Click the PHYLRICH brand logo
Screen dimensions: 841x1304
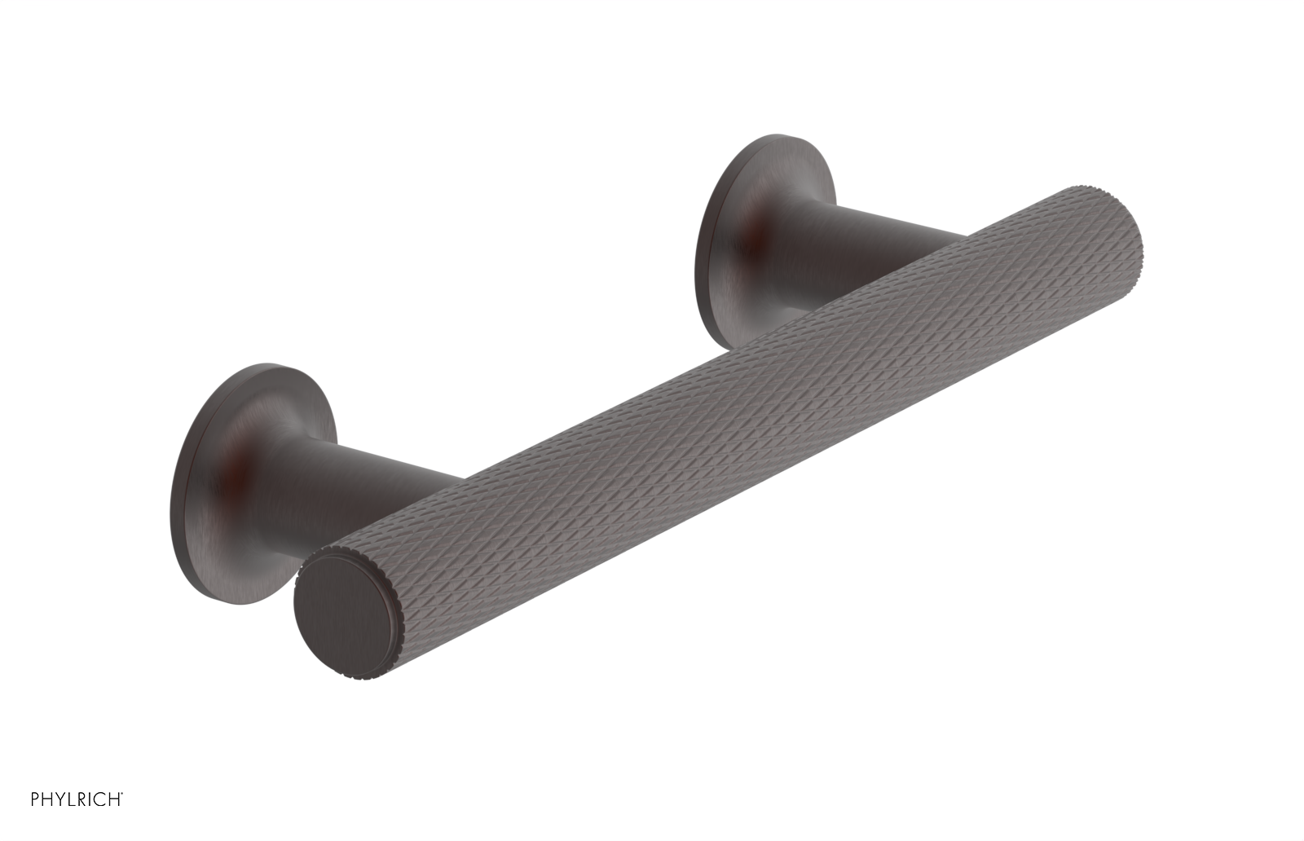click(76, 799)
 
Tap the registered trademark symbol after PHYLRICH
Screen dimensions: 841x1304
click(122, 793)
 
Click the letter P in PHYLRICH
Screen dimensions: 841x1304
click(35, 799)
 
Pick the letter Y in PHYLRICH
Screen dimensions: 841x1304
click(59, 799)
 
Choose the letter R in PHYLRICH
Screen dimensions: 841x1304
click(81, 799)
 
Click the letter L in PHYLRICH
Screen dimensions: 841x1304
click(71, 799)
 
